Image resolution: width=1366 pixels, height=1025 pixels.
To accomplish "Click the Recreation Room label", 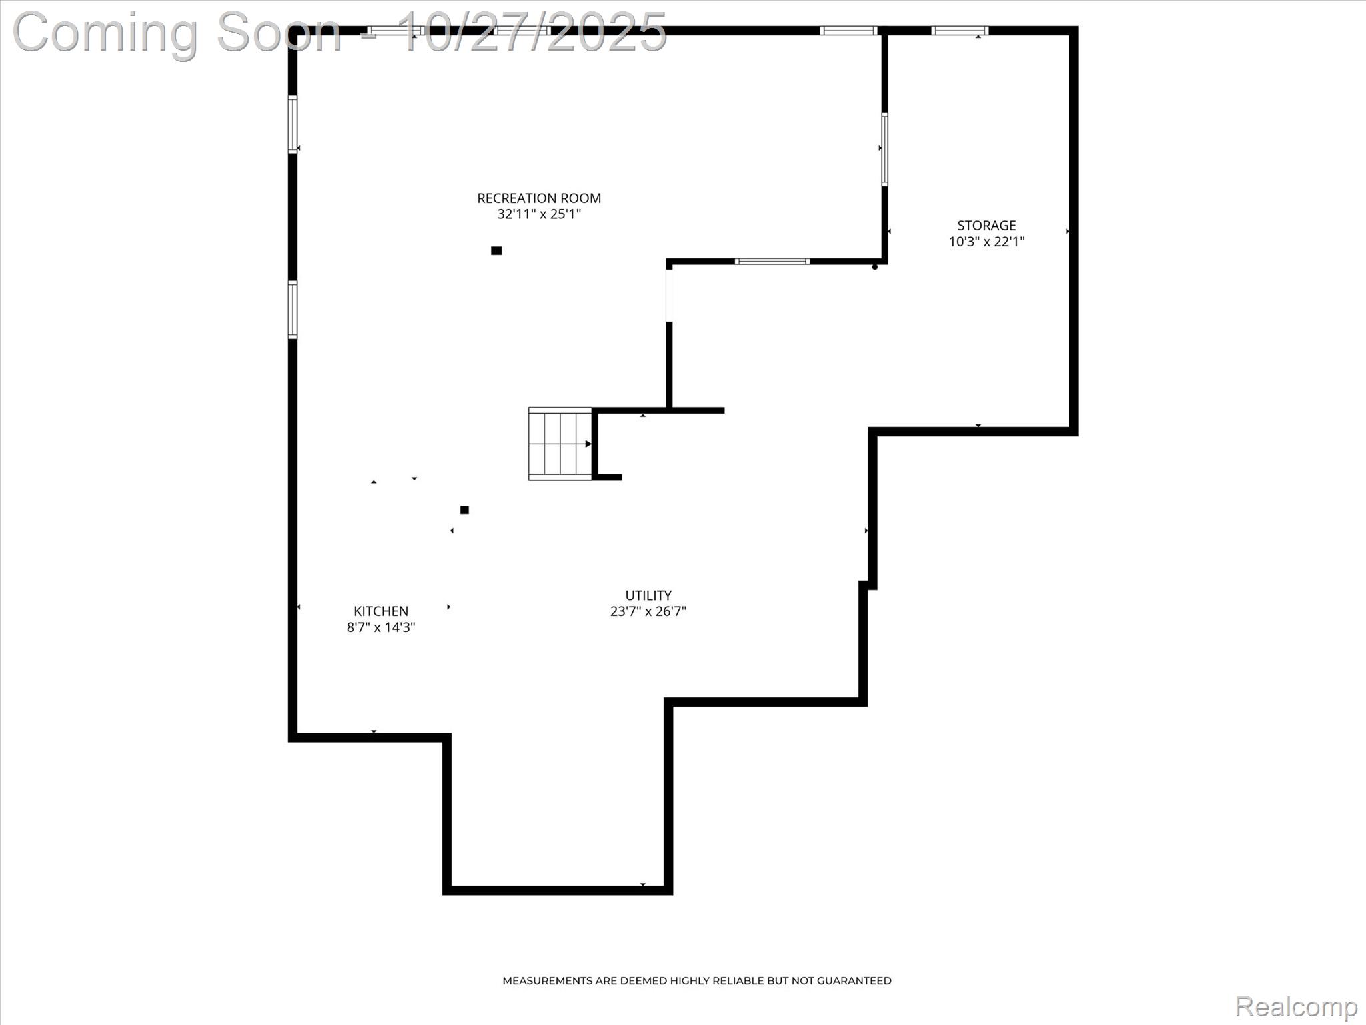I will point(539,198).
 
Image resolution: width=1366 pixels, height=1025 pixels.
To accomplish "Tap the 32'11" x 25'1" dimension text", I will point(539,214).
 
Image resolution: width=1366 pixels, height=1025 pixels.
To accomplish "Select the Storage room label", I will point(986,226).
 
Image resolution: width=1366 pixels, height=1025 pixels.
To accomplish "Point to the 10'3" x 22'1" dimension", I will point(986,242).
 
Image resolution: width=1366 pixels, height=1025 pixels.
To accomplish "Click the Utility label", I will point(648,595).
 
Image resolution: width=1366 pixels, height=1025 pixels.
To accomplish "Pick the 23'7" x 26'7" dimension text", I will point(648,611).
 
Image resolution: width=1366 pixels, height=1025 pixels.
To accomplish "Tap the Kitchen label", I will point(380,611).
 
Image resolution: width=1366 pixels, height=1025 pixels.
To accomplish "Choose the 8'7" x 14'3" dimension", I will point(380,627).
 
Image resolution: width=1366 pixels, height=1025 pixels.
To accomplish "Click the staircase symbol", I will point(560,444).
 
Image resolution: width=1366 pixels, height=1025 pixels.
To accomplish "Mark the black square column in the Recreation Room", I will point(496,251).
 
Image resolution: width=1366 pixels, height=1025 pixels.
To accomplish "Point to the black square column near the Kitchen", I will point(464,510).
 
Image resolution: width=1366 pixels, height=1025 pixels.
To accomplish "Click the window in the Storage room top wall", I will point(959,31).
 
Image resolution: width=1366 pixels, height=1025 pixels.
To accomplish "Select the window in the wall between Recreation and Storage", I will point(884,149).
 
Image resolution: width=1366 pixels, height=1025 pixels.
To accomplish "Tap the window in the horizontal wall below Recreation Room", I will point(772,262).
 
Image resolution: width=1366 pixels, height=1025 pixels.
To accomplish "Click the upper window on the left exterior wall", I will point(293,125).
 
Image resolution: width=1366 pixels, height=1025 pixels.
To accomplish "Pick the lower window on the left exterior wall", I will point(293,310).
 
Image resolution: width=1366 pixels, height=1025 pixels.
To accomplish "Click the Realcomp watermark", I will point(1295,1006).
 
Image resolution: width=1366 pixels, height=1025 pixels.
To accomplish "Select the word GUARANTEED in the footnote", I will point(854,980).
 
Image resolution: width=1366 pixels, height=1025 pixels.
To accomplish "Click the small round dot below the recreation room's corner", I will point(875,267).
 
